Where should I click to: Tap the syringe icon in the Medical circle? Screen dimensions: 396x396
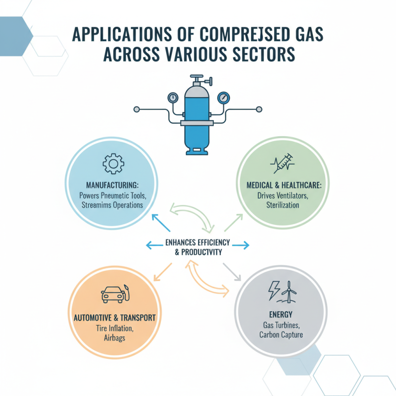point(283,164)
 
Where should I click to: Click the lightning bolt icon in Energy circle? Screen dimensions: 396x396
point(273,291)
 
